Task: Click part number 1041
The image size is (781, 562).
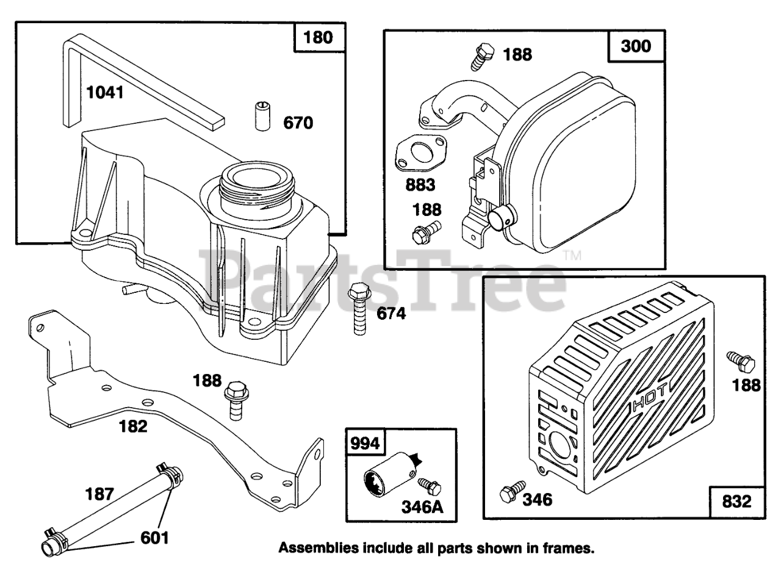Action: tap(104, 93)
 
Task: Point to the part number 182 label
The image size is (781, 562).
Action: tap(133, 427)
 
